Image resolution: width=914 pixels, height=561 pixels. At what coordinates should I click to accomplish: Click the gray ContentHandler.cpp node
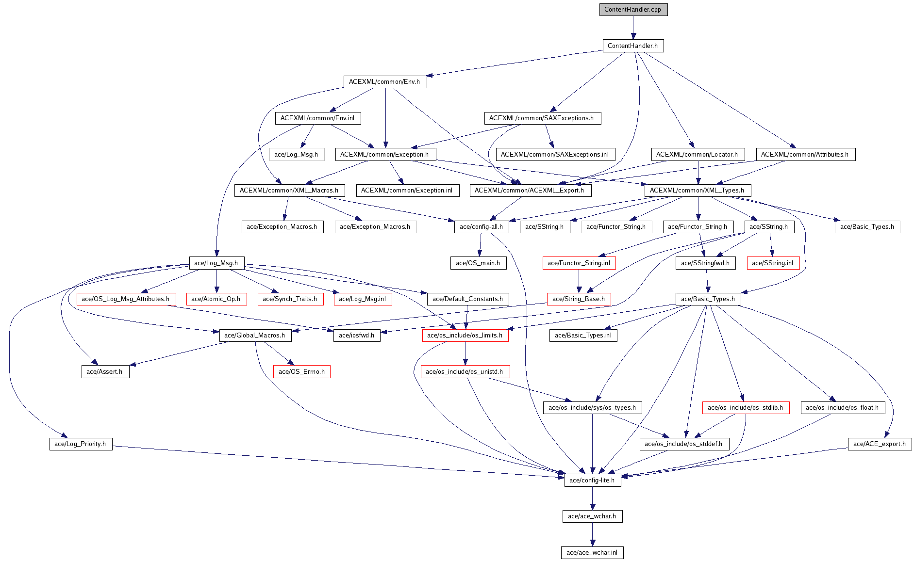click(x=633, y=10)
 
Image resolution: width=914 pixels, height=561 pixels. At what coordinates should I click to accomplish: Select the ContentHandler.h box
click(x=632, y=46)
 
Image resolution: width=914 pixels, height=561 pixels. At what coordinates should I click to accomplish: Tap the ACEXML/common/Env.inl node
click(x=317, y=118)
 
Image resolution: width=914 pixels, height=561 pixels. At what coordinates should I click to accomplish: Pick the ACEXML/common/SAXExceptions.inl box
click(x=555, y=155)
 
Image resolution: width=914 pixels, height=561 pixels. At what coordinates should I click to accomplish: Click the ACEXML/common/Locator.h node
click(x=697, y=155)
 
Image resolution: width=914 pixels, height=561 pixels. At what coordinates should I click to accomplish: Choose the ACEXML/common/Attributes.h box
click(x=805, y=155)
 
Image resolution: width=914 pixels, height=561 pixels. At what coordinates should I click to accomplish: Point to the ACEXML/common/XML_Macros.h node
click(x=289, y=191)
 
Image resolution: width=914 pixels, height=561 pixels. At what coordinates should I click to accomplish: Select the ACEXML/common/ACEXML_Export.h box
click(x=530, y=191)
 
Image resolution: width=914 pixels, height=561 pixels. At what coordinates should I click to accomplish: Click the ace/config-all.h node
click(x=482, y=227)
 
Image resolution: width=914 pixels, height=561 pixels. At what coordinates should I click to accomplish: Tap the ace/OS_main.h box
click(x=478, y=263)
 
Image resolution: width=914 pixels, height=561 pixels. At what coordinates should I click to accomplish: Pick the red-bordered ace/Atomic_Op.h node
click(x=216, y=299)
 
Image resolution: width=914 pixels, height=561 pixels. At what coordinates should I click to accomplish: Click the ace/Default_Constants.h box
click(x=468, y=299)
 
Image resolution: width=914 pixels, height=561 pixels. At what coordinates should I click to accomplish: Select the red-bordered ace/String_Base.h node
click(x=579, y=299)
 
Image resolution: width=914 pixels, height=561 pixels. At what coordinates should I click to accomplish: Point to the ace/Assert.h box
click(x=105, y=372)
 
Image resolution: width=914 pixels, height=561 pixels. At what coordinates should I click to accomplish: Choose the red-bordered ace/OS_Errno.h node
click(x=302, y=372)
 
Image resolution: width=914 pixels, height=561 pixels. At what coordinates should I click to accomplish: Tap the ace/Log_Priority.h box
click(x=81, y=444)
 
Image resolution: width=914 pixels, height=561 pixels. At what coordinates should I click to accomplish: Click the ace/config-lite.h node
click(x=592, y=481)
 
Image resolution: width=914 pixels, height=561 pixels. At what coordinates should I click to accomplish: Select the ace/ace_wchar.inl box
click(x=592, y=553)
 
